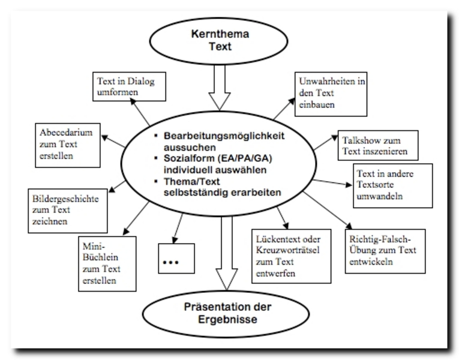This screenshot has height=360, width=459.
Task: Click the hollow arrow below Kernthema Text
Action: click(x=222, y=91)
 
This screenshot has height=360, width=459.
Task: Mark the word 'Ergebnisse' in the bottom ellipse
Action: click(x=221, y=320)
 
